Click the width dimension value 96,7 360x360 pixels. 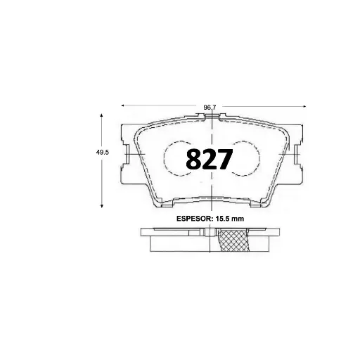(209, 107)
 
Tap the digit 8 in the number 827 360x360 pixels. (193, 160)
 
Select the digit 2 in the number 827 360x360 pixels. (209, 160)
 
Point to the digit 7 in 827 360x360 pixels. (224, 160)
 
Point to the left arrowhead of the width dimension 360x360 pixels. (124, 105)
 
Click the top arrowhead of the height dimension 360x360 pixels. (103, 117)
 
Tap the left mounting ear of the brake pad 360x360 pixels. (127, 155)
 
